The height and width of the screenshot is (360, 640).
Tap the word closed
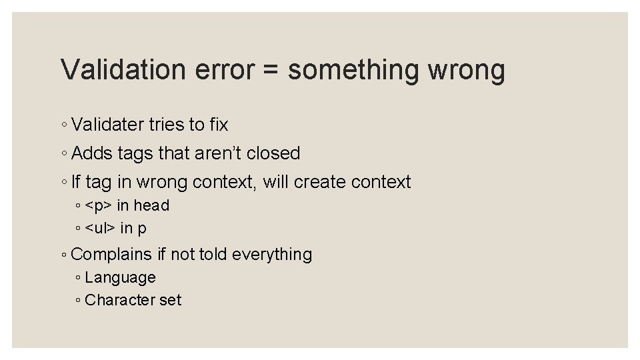(x=273, y=153)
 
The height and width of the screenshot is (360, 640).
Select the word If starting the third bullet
(x=75, y=182)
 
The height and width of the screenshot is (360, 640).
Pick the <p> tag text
(x=99, y=205)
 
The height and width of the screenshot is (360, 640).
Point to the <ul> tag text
(x=101, y=228)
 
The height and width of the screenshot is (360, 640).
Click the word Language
(x=120, y=277)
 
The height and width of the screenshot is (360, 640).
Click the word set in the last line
(x=170, y=300)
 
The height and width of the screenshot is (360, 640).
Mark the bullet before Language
(x=79, y=278)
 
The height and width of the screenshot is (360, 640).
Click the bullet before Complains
(x=63, y=255)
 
